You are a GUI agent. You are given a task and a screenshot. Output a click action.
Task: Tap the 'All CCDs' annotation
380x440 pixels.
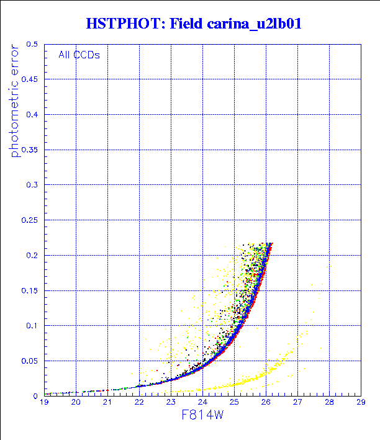[79, 55]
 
